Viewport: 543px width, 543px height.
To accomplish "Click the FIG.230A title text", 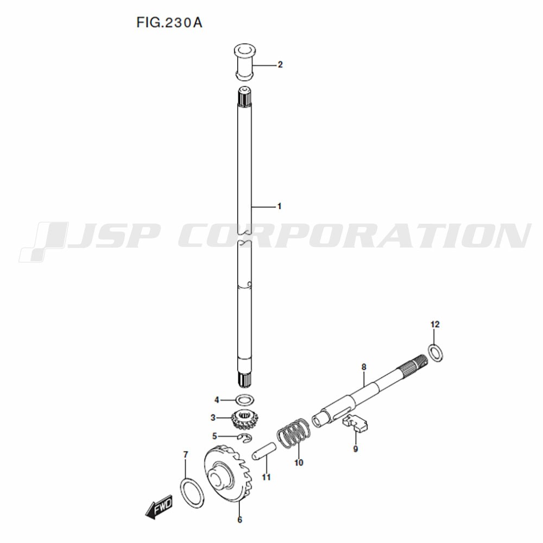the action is click(169, 22).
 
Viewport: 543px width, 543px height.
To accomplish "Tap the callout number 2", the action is click(280, 65).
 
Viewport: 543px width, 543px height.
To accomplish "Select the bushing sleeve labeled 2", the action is click(244, 61).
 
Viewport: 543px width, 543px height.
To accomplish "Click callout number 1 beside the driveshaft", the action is click(279, 206).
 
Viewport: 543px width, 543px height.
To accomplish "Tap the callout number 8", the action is click(364, 367).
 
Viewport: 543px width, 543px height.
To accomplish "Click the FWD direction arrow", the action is click(159, 506).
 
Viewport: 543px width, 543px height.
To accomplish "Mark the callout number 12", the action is click(435, 325).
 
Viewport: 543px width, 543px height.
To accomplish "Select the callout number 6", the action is click(239, 520).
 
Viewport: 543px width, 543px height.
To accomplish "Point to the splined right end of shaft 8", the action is click(413, 365).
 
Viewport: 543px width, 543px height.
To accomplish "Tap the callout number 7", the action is click(186, 454).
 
